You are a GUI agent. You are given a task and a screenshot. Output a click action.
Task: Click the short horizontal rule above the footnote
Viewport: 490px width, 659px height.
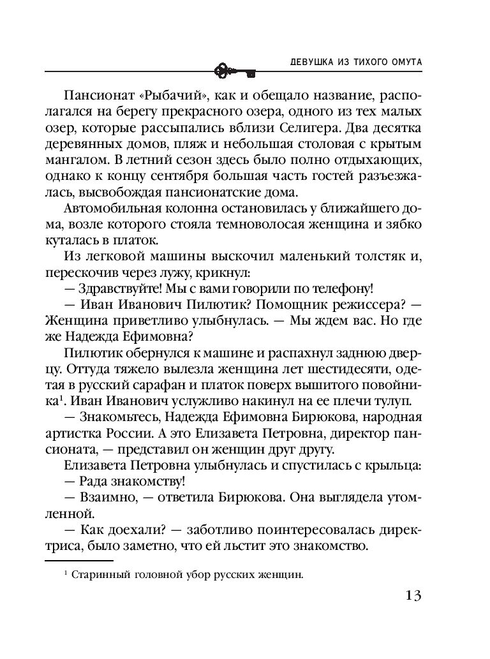67,562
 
